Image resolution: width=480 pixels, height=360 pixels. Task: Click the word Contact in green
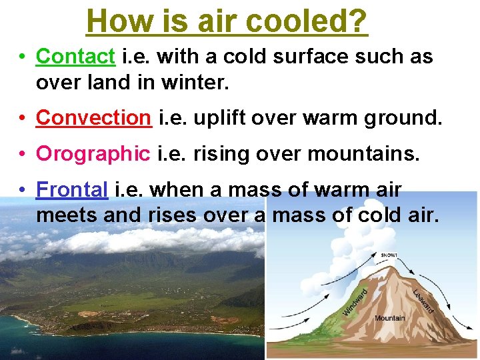(x=75, y=57)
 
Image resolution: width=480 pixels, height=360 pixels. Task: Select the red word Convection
(x=93, y=117)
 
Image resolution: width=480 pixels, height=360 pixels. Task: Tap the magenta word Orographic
(x=93, y=153)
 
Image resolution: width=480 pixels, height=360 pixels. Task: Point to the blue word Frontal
(x=72, y=189)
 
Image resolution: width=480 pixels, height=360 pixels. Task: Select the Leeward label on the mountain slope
(x=423, y=299)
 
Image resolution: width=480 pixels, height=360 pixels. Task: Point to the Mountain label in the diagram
(x=389, y=318)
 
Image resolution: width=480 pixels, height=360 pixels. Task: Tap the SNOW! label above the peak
(x=390, y=255)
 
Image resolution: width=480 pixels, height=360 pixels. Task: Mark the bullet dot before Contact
(x=22, y=57)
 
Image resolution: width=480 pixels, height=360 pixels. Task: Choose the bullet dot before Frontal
(x=22, y=190)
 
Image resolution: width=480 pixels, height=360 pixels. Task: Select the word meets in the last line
(x=65, y=215)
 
